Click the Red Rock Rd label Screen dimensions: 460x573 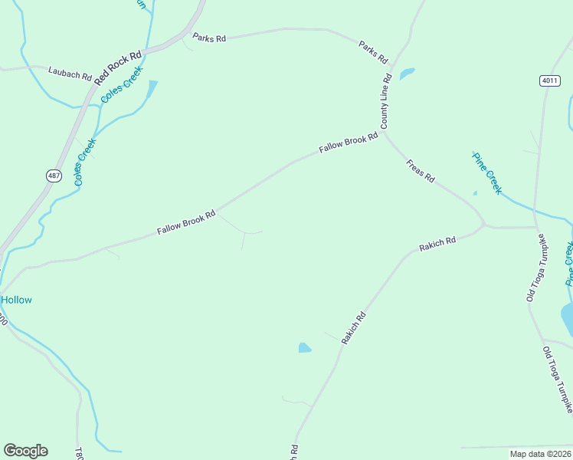tap(119, 67)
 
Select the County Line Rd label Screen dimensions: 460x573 tap(386, 101)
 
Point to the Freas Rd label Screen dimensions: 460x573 tap(420, 170)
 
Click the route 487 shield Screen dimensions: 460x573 tap(54, 176)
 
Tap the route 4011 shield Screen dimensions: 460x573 tap(549, 80)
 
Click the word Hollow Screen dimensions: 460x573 tap(16, 300)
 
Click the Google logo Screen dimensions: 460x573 tap(25, 451)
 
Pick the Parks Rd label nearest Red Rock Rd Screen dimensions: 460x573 tap(209, 38)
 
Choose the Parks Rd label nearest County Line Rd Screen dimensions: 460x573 tap(374, 52)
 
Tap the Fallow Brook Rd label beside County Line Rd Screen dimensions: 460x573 tap(349, 143)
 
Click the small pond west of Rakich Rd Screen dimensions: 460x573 tap(305, 348)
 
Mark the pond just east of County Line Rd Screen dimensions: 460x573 tap(407, 74)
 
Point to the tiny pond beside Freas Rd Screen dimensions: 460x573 tap(475, 192)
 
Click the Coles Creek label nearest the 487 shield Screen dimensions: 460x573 tap(84, 161)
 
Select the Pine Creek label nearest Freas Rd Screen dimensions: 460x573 tap(486, 172)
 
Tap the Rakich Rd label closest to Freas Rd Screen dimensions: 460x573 tap(437, 244)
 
